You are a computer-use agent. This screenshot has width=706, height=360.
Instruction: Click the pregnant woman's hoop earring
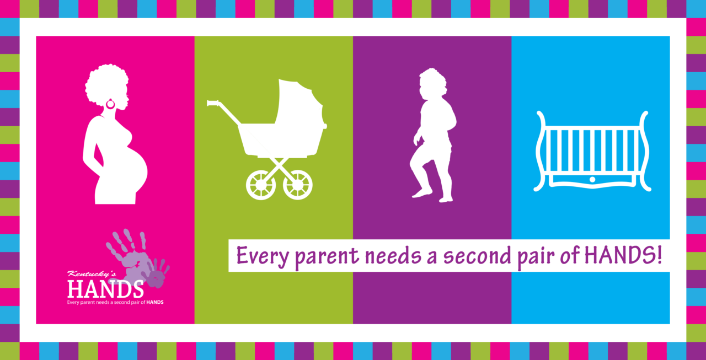pyautogui.click(x=110, y=107)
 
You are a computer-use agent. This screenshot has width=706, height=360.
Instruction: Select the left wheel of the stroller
pyautogui.click(x=261, y=185)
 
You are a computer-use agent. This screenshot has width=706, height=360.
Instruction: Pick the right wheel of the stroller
pyautogui.click(x=297, y=185)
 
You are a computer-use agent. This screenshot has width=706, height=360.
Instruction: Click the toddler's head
pyautogui.click(x=432, y=83)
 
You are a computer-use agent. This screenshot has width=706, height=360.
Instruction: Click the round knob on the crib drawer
pyautogui.click(x=592, y=180)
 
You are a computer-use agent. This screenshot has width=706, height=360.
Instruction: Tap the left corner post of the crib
pyautogui.click(x=541, y=151)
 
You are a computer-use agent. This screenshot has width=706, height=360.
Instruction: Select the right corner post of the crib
pyautogui.click(x=644, y=151)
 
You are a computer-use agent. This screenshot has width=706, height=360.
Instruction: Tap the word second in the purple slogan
pyautogui.click(x=477, y=256)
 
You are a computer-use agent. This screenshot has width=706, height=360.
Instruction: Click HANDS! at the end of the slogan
pyautogui.click(x=623, y=255)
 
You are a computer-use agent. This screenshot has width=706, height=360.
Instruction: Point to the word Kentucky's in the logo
pyautogui.click(x=87, y=274)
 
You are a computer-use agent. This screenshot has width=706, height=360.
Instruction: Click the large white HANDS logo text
pyautogui.click(x=105, y=289)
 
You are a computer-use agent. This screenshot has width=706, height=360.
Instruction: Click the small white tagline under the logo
pyautogui.click(x=115, y=302)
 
